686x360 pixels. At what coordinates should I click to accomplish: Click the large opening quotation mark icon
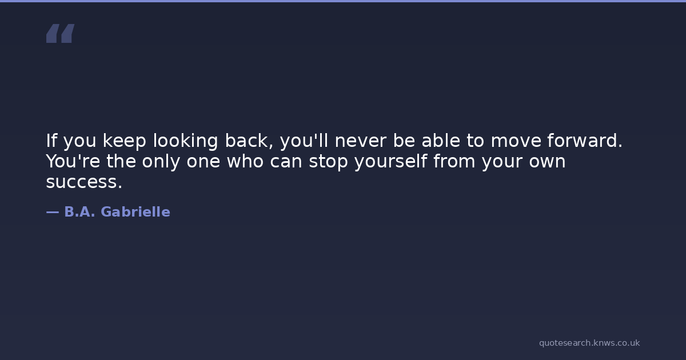[x=61, y=33]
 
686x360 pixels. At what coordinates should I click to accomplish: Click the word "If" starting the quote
[x=51, y=141]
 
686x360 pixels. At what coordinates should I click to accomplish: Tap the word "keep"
[x=125, y=141]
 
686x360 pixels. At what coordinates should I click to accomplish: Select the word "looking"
[x=185, y=141]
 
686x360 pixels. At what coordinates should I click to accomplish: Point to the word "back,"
[x=249, y=141]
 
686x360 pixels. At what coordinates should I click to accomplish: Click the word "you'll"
[x=304, y=141]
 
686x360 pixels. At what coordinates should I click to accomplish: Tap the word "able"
[x=441, y=141]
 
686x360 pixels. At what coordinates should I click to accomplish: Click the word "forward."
[x=585, y=141]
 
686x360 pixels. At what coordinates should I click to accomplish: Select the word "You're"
[x=73, y=161]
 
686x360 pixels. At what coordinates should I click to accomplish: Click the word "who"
[x=245, y=161]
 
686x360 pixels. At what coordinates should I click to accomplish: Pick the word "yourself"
[x=391, y=162]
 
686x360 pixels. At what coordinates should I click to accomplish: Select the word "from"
[x=454, y=161]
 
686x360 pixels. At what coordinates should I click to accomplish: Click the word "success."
[x=84, y=182]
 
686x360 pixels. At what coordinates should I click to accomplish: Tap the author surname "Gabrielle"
[x=135, y=212]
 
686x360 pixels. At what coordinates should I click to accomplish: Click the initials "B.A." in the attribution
[x=79, y=212]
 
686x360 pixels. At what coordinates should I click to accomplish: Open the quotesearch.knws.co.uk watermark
[x=589, y=343]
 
